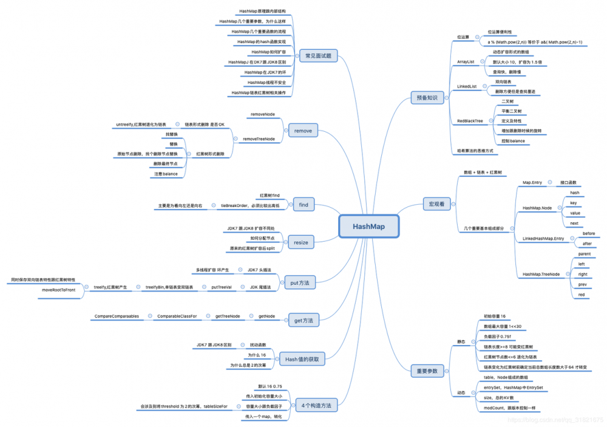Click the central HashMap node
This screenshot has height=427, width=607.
368,227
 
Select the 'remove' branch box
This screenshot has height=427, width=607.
303,131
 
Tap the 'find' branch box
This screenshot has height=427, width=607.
303,205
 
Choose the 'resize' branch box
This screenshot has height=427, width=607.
301,242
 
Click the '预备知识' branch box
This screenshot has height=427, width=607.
427,97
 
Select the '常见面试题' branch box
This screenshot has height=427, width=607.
318,56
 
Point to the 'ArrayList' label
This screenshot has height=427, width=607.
466,62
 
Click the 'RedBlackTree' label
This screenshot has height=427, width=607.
470,121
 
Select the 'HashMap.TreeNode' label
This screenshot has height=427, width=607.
541,274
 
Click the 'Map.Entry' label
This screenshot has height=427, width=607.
532,182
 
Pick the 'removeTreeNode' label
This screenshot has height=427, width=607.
259,139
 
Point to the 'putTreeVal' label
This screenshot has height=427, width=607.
221,287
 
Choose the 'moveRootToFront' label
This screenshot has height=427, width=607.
58,290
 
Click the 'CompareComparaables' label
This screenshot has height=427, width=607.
117,316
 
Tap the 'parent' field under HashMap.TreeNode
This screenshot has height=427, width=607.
584,254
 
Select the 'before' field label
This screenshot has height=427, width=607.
588,233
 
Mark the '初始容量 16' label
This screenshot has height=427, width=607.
495,316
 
